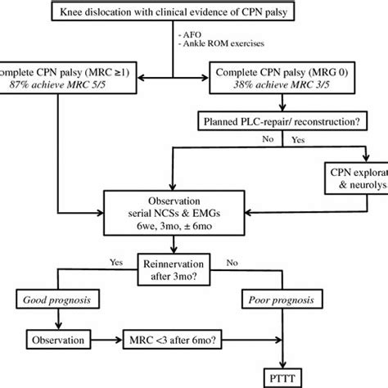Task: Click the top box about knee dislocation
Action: (x=194, y=12)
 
